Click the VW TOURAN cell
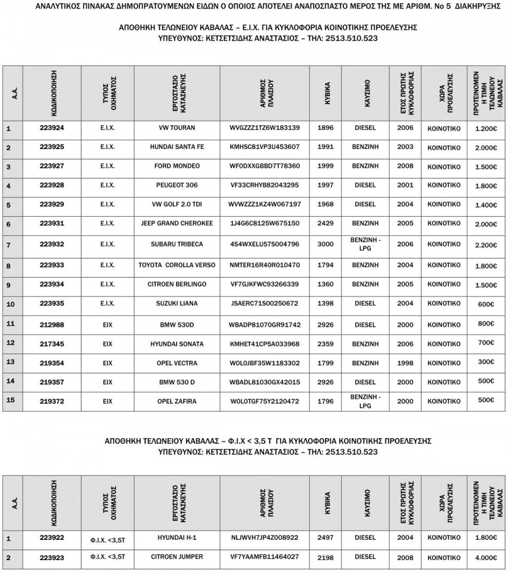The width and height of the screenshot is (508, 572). tap(177, 128)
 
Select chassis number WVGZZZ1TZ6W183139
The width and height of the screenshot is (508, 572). tap(265, 128)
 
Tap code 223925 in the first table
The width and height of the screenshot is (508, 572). tap(52, 147)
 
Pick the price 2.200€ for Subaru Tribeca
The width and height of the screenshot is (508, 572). tap(486, 245)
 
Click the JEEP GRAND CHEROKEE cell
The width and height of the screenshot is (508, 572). tap(177, 224)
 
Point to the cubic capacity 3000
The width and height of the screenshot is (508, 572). tap(326, 244)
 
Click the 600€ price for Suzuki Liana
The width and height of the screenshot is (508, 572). tap(486, 304)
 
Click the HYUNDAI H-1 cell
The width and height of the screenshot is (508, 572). tap(177, 538)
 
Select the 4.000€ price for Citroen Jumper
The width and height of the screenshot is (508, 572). tap(486, 557)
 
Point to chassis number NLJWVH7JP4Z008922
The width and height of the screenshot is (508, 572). tap(265, 538)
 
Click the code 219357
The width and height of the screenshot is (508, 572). tap(52, 382)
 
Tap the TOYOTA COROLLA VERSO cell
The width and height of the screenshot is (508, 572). tap(177, 264)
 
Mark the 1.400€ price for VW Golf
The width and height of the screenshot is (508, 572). tap(486, 206)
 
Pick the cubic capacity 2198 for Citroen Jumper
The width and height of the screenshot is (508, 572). tap(326, 557)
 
